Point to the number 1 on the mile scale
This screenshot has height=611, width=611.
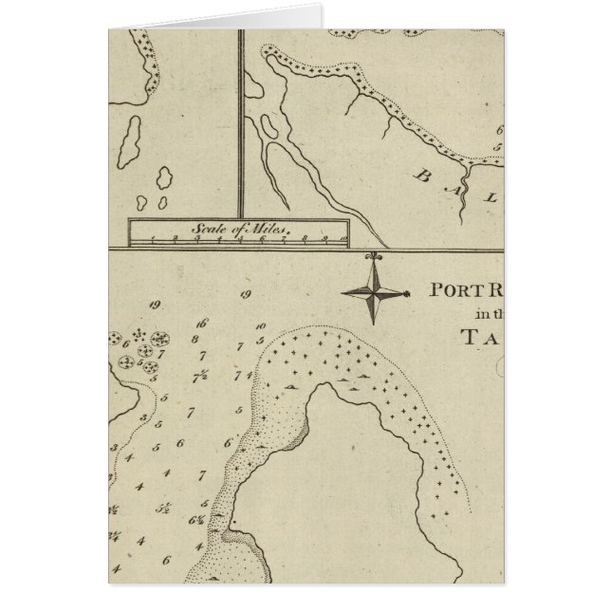coord(154,241)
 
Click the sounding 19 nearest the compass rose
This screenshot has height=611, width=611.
coord(245,296)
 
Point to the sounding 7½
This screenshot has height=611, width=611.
coord(201,372)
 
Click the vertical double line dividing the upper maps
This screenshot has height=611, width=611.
coord(240,123)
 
